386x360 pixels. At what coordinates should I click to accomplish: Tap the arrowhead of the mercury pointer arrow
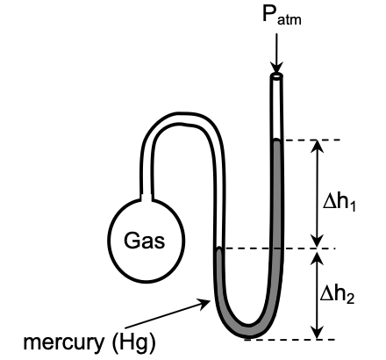[x=210, y=300]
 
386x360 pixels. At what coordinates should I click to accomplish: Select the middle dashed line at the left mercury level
[x=289, y=248]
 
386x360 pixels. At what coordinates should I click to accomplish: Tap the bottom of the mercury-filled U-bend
[x=249, y=331]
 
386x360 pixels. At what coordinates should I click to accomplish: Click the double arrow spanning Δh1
[x=318, y=194]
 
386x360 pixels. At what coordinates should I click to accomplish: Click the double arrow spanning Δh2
[x=318, y=294]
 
